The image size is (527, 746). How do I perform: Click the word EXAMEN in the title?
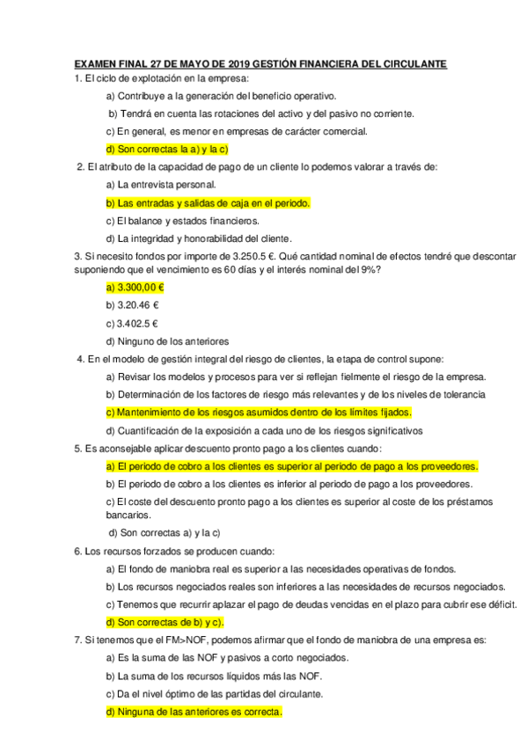(95, 64)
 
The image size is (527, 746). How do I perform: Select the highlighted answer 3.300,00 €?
(136, 288)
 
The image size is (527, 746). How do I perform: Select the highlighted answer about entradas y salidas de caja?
(208, 202)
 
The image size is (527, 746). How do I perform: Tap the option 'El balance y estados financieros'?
(182, 220)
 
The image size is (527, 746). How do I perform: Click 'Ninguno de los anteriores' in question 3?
(167, 340)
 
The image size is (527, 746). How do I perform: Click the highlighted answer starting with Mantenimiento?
(259, 412)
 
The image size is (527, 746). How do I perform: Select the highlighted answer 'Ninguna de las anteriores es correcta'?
(194, 712)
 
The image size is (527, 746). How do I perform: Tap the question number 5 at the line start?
(78, 449)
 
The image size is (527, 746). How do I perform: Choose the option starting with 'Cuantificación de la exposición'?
(264, 430)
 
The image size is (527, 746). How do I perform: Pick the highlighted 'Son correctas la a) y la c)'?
(167, 149)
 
